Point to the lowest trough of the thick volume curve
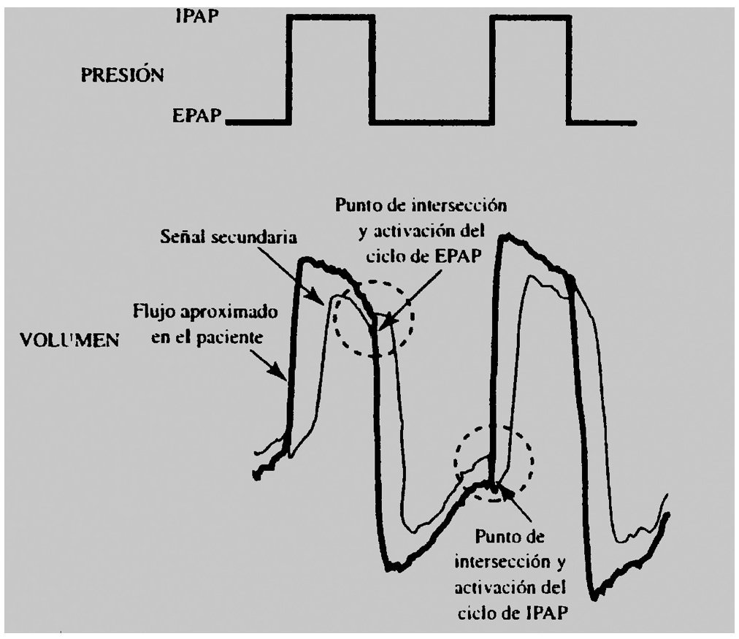point(595,597)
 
